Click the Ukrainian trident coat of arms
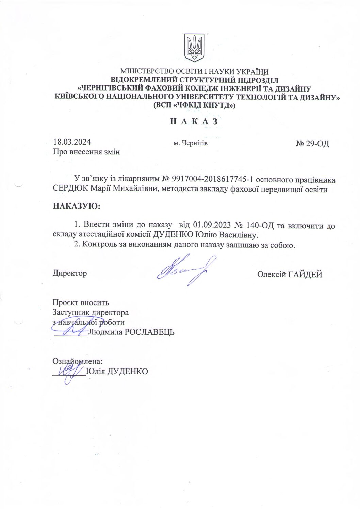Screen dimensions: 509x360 click(194, 47)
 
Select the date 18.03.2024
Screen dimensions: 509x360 click(72, 142)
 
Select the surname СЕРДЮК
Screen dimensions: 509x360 click(70, 190)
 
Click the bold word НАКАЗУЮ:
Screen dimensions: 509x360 click(77, 206)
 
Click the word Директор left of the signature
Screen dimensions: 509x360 click(70, 273)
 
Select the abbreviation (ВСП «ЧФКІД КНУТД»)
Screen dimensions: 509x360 click(194, 105)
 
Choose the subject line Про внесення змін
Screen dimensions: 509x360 click(86, 152)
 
